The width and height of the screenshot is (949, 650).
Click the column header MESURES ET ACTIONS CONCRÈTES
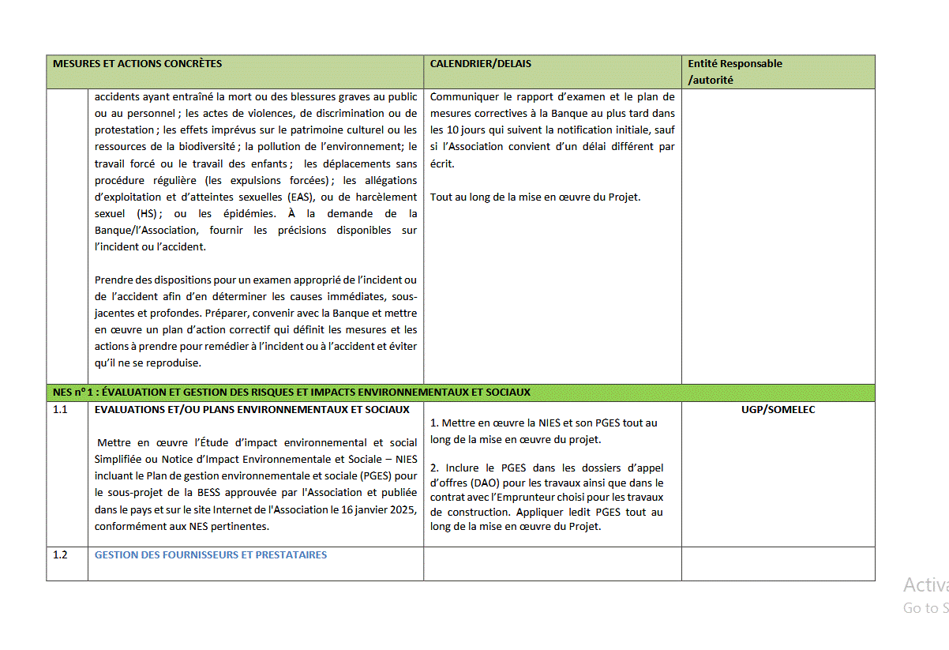click(137, 64)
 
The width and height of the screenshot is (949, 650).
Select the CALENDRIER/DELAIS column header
click(481, 64)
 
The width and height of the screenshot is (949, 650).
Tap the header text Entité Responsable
click(735, 64)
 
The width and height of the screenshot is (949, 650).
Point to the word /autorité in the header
click(711, 80)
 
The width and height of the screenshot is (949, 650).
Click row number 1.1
click(60, 410)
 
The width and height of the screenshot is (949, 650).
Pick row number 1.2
click(60, 554)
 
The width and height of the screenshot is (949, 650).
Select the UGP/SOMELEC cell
click(778, 410)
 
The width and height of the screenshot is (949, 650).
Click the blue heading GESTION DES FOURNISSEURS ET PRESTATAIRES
click(211, 554)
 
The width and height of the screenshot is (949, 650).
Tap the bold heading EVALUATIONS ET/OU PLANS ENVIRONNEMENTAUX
click(252, 410)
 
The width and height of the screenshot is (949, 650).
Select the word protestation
click(124, 130)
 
